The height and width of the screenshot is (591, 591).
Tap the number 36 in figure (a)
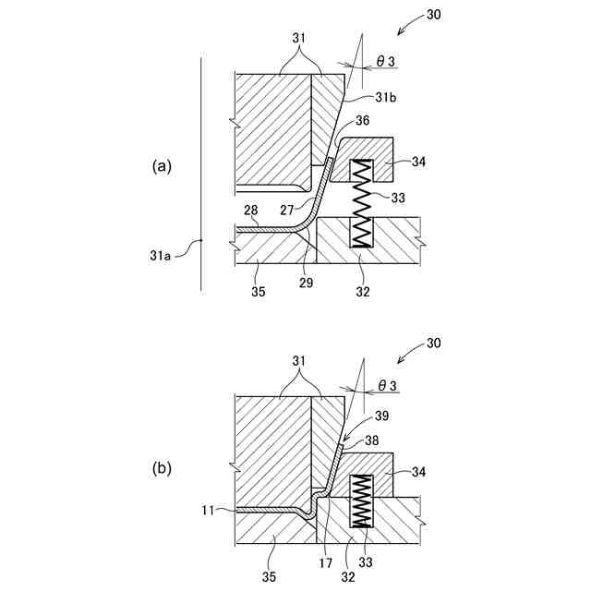click(363, 120)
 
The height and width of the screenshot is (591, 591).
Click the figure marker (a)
click(163, 167)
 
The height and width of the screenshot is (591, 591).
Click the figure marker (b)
click(163, 468)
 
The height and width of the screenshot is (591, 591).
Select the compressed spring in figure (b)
click(361, 503)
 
